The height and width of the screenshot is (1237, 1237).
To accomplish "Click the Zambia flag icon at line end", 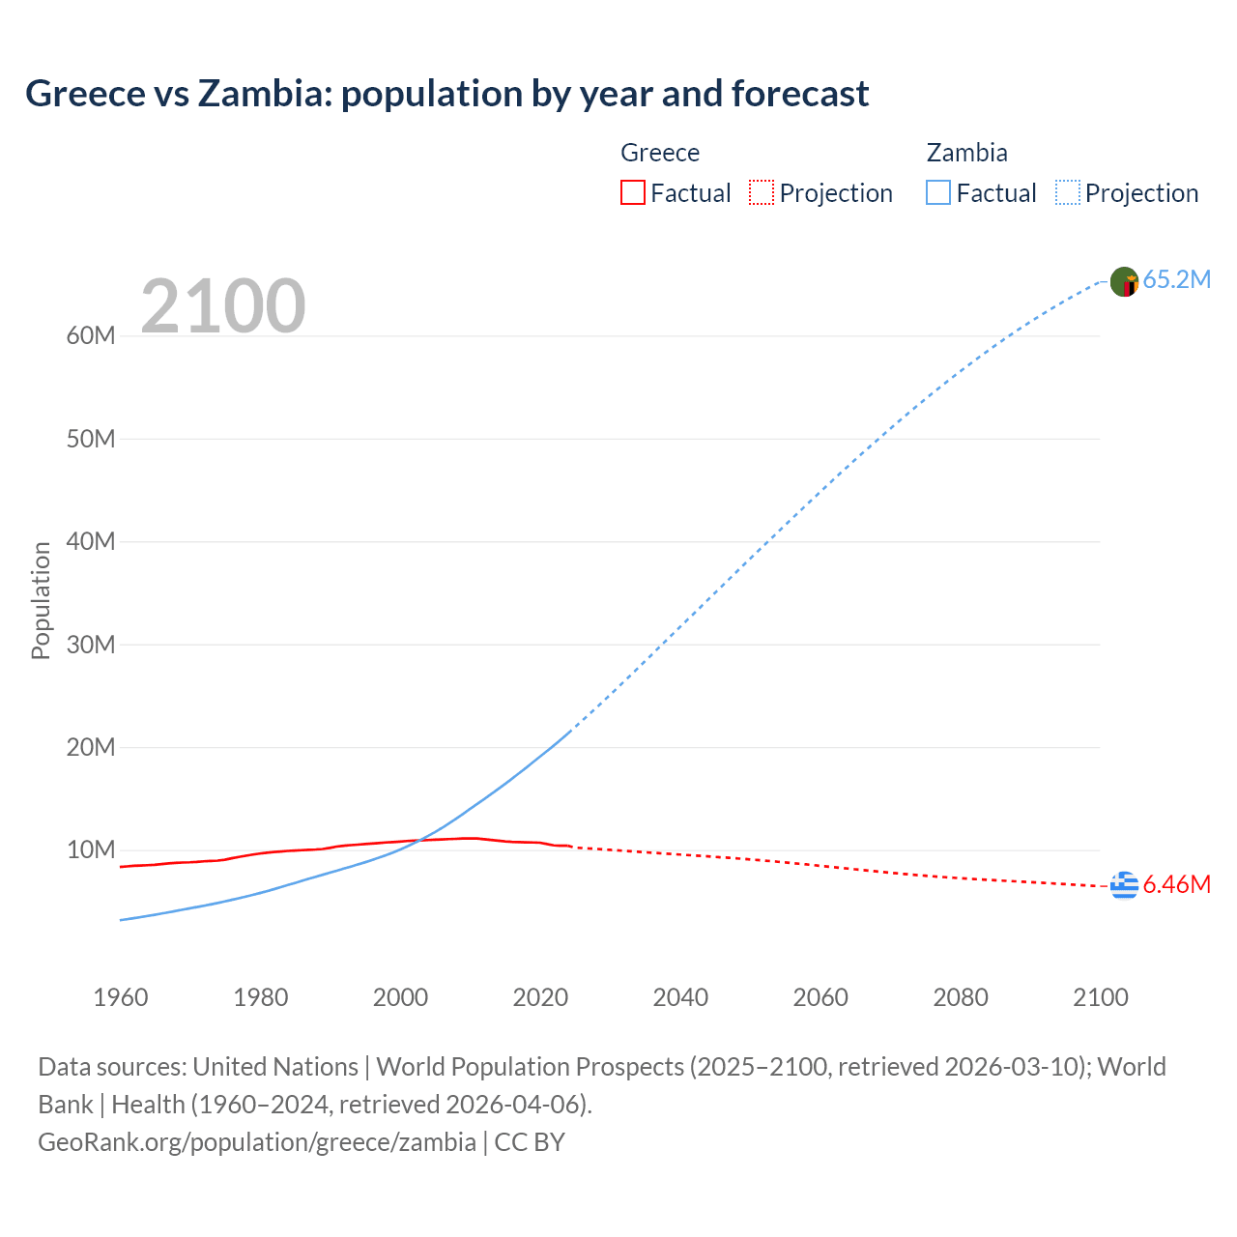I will pos(1124,281).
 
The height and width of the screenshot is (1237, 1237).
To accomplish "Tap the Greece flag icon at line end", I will pos(1124,884).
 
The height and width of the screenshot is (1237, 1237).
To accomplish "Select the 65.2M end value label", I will pos(1176,280).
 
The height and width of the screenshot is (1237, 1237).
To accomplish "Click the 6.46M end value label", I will pos(1176,885).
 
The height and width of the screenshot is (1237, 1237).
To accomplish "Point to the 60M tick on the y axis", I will pos(91,336).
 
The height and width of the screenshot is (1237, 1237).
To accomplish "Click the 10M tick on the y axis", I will pos(91,850).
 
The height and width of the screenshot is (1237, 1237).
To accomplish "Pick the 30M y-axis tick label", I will pos(91,645).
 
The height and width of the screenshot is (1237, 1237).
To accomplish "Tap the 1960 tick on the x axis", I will pos(121,997).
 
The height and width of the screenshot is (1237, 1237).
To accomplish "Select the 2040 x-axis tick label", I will pos(680,997).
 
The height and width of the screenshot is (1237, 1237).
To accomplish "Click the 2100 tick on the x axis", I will pos(1100,997).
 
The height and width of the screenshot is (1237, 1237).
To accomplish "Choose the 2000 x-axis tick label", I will pos(400,997).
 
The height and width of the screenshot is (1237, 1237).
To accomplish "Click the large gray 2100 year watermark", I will pos(223,306).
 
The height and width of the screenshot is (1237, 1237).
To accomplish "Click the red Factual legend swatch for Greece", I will pos(632,193).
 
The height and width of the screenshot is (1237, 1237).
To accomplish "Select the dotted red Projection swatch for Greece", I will pos(762,193).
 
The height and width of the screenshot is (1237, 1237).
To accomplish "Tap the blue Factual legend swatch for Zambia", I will pos(938,193).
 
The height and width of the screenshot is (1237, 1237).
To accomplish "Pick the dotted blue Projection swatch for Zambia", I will pos(1068,193).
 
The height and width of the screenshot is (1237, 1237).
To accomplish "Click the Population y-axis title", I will pos(41,600).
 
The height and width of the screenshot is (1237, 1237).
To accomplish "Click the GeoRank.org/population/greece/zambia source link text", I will pos(256,1142).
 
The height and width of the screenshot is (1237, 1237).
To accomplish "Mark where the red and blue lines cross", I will pos(419,840).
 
